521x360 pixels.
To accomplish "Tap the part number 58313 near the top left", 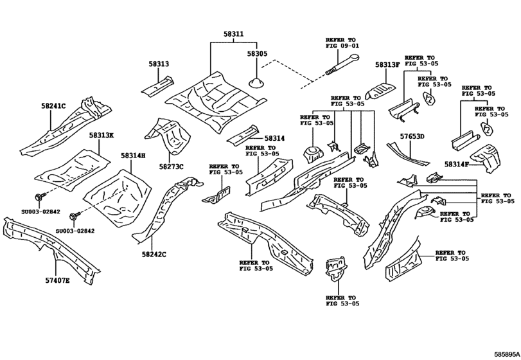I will (159, 64).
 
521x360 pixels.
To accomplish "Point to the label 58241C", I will (53, 105).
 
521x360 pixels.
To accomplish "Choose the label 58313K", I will (102, 136).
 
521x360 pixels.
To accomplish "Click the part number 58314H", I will (132, 156).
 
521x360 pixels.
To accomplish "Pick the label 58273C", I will (172, 167).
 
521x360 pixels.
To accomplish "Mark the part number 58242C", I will (154, 255).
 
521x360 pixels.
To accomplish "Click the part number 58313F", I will (387, 65).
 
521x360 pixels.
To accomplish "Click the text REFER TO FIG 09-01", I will (342, 42).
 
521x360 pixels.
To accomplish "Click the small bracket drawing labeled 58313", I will (157, 85).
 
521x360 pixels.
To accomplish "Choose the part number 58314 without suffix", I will (273, 138).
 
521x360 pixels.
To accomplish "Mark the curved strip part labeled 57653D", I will (404, 154).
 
